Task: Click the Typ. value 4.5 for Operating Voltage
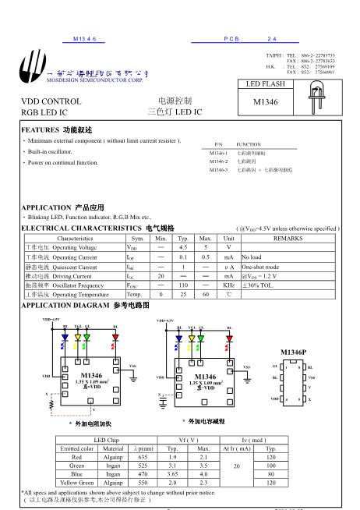(x=183, y=246)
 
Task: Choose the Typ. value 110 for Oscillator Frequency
(x=183, y=286)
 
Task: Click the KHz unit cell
(x=228, y=286)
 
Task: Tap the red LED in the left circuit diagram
(x=115, y=337)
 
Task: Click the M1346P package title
(x=293, y=352)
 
